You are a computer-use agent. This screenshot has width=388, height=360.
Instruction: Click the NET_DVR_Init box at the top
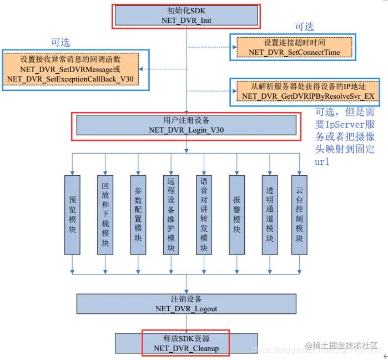coord(186,16)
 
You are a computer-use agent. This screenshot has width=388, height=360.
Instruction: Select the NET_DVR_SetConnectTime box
coord(294,47)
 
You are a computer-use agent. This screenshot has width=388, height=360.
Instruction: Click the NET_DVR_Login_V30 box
coord(186,125)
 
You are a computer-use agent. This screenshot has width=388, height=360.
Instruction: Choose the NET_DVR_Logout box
coord(186,303)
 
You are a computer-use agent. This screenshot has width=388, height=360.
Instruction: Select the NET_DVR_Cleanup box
coord(186,343)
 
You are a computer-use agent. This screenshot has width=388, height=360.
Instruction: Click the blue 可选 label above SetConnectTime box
coord(304,26)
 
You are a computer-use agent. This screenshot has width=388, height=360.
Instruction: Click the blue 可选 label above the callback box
coord(61,43)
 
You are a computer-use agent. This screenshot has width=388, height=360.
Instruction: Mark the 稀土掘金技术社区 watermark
coord(341,346)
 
